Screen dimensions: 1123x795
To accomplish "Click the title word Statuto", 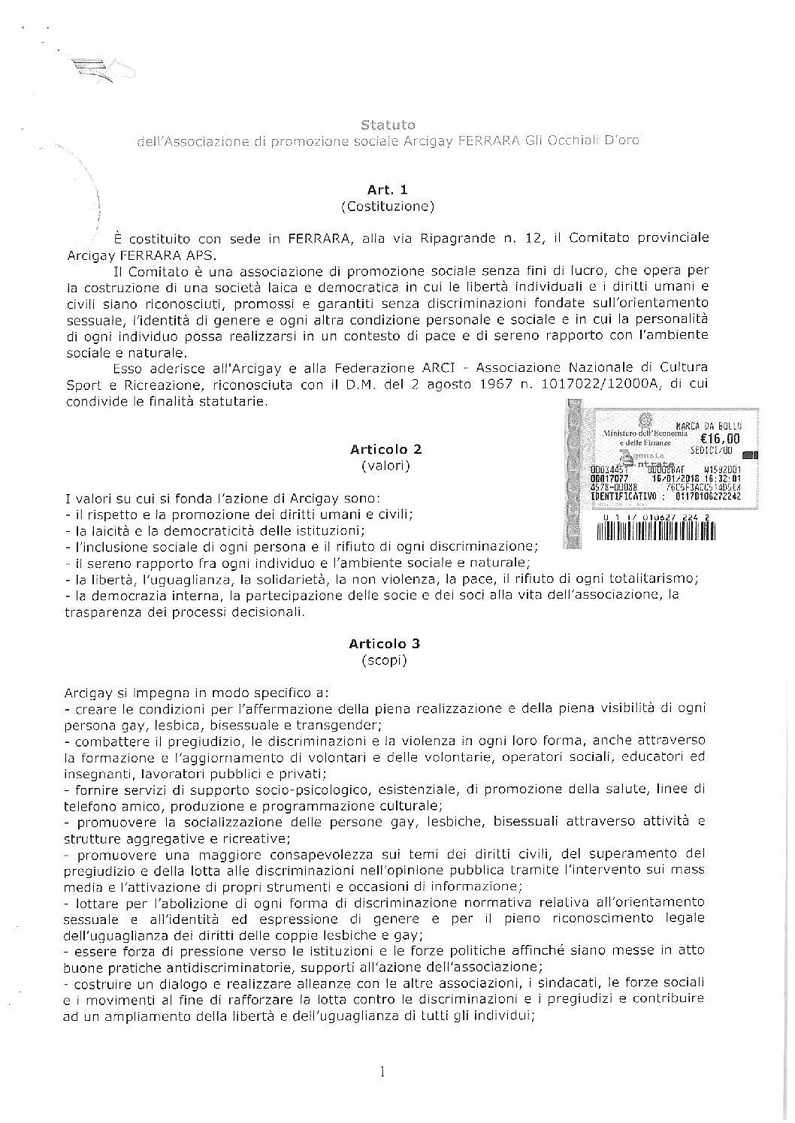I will pyautogui.click(x=387, y=124).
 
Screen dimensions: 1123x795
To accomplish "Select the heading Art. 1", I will pyautogui.click(x=387, y=189).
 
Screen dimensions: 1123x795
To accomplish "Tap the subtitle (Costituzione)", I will pyautogui.click(x=387, y=206).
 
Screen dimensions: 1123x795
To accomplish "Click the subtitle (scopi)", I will pyautogui.click(x=384, y=660).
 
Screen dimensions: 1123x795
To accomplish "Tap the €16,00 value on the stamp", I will pyautogui.click(x=719, y=439).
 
